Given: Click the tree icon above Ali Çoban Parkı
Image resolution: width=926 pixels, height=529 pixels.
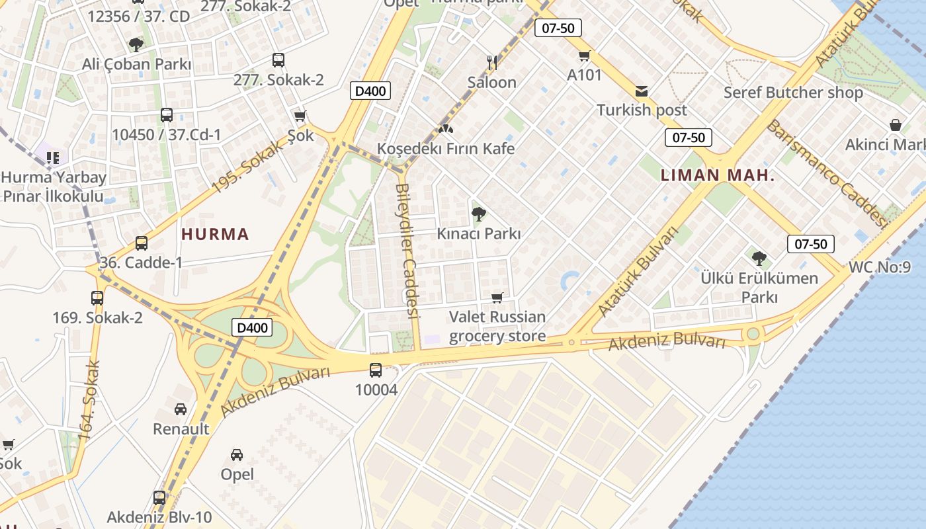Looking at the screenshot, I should (x=136, y=45).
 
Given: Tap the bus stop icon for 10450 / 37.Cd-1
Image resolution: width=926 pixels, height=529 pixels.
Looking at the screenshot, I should (x=167, y=115).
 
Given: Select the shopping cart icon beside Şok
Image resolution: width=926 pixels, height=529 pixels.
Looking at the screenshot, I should (x=300, y=116).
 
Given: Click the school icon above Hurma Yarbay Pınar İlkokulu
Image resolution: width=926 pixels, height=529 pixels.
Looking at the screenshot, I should (x=53, y=157).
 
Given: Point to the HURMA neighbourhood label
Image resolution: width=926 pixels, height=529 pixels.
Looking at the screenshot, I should (x=215, y=234).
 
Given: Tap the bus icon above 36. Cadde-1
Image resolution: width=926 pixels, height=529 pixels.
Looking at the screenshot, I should (x=141, y=243).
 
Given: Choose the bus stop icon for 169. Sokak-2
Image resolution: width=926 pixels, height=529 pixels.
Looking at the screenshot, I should (x=97, y=298).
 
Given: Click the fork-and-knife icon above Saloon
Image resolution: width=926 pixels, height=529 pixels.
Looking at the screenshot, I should (x=491, y=63).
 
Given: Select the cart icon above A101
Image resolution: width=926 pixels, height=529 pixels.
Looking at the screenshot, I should (x=584, y=56).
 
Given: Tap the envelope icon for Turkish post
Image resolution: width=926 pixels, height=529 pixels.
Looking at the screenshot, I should (x=642, y=91).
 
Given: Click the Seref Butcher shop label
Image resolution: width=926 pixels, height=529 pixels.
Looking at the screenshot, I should (x=793, y=93).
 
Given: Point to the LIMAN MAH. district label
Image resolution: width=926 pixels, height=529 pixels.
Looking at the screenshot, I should (x=718, y=176).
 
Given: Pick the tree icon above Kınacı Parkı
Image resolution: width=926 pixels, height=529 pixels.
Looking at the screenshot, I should (x=478, y=214).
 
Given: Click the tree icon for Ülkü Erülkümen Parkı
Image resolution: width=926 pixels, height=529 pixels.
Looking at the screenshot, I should (x=759, y=258).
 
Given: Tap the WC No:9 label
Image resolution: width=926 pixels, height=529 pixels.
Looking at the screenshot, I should (x=880, y=267).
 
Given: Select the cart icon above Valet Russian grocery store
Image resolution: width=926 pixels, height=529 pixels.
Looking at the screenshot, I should (x=497, y=298).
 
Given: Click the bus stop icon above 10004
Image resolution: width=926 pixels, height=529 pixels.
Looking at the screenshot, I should (x=376, y=370).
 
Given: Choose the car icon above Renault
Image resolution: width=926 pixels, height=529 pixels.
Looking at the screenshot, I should (x=181, y=409).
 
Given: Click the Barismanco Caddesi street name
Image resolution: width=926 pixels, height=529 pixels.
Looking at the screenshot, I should (x=827, y=173).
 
